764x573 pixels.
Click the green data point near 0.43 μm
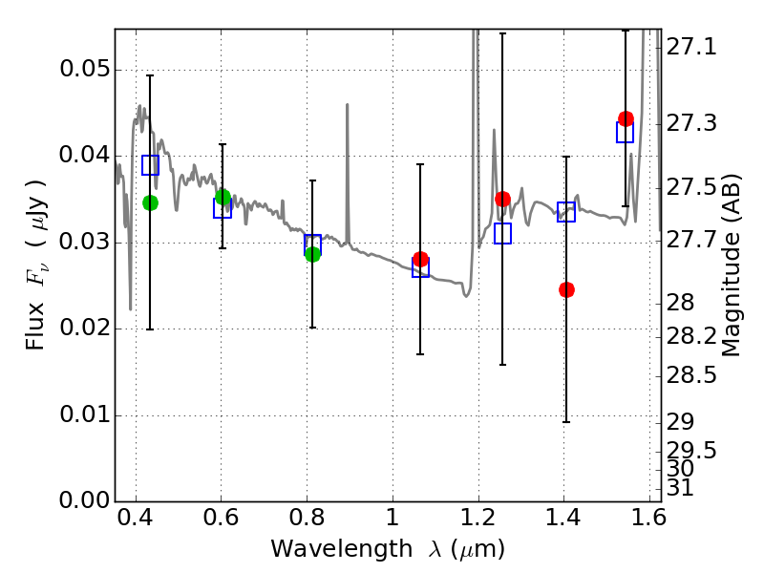coord(151,202)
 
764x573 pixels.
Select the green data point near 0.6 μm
coord(223,197)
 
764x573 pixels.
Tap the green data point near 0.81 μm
coord(313,254)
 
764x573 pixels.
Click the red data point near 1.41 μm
coord(566,290)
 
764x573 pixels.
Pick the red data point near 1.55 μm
coord(626,118)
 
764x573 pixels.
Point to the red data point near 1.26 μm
coord(503,199)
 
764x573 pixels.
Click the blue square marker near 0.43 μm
coord(151,165)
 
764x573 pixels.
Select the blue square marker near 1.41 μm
coord(566,211)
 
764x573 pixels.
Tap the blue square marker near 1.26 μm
coord(503,233)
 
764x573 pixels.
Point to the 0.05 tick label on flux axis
coord(85,69)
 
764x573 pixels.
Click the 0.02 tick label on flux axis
coord(85,328)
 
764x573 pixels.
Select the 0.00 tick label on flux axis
coord(85,500)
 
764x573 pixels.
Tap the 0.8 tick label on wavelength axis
coord(307,518)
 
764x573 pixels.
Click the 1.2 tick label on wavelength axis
coord(478,518)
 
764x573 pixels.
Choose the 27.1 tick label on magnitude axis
coord(691,47)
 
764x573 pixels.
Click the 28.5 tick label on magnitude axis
coord(691,375)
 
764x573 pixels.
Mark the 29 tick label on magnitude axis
coord(680,421)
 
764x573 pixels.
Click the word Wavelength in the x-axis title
coord(342,549)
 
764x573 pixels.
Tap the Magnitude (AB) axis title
coord(730,265)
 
